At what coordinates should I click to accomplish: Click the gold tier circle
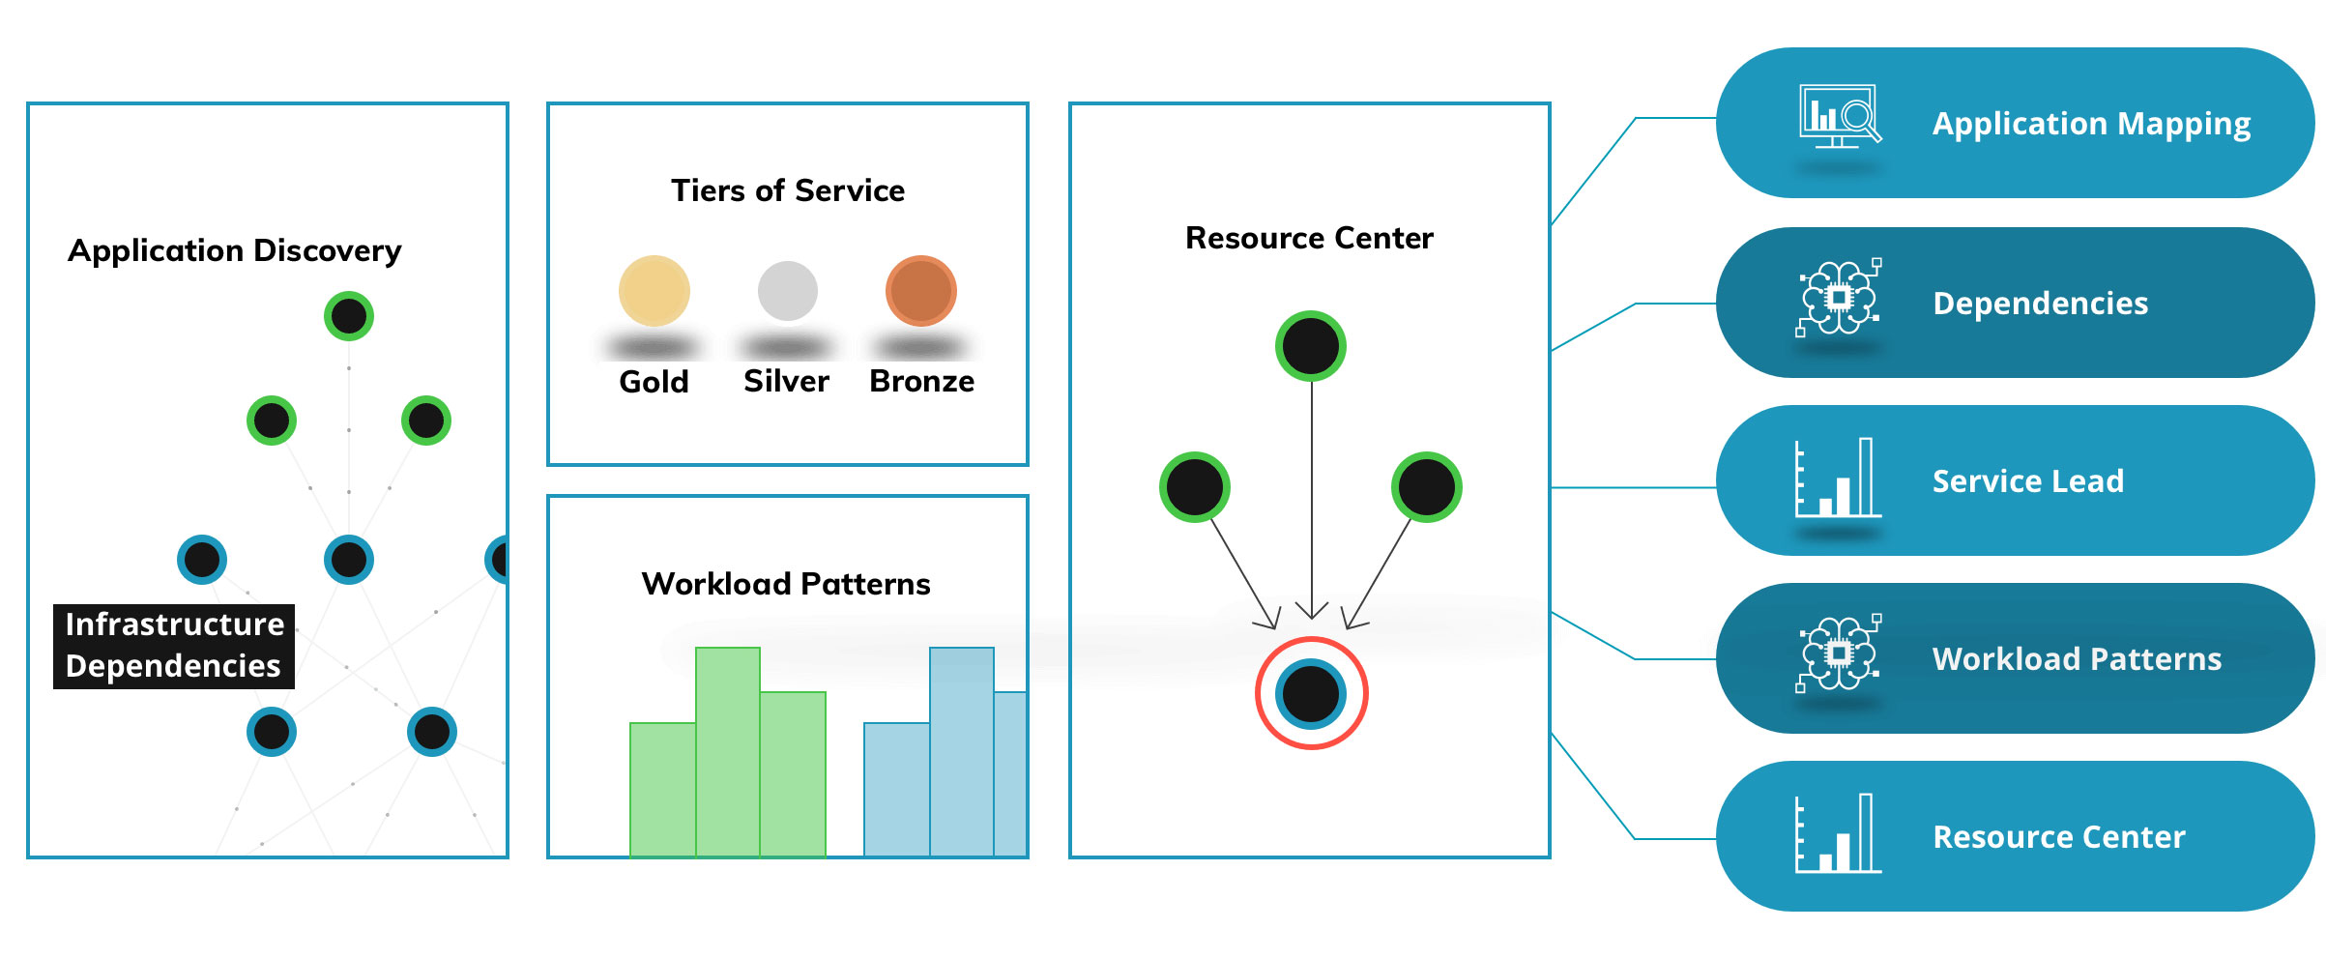tap(654, 291)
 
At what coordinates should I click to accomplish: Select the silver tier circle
tap(788, 291)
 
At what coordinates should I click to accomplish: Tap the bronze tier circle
tap(921, 291)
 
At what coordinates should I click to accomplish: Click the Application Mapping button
tap(2015, 123)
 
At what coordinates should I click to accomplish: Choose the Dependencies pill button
tap(2015, 303)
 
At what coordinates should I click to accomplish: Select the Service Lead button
tap(2015, 480)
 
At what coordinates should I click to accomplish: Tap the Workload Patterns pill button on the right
tap(2015, 658)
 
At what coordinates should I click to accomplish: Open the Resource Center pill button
tap(2015, 836)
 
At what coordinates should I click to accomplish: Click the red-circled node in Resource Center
tap(1311, 693)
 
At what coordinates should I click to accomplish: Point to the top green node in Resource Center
tap(1311, 346)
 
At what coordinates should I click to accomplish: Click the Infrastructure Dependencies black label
tap(174, 646)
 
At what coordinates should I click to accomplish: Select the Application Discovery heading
tap(235, 250)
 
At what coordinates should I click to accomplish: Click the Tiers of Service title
tap(788, 190)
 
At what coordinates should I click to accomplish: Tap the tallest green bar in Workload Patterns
tap(728, 752)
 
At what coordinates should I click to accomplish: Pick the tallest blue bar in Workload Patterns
tap(962, 752)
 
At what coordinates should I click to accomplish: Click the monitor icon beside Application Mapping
tap(1840, 116)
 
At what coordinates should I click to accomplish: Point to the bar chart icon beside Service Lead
tap(1838, 478)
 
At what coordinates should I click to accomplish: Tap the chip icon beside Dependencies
tap(1839, 298)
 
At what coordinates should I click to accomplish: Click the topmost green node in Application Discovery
tap(349, 316)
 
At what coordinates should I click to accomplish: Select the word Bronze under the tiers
tap(921, 381)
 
